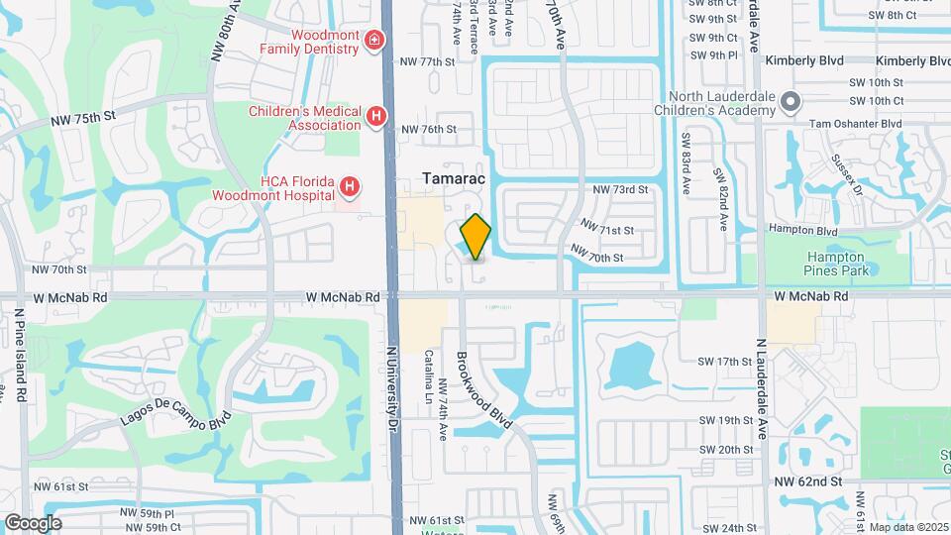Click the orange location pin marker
point(475,237)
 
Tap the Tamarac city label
point(451,175)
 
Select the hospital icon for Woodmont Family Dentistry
point(375,40)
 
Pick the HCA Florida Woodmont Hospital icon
point(349,186)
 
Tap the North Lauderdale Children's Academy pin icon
point(790,102)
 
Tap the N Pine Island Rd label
point(19,357)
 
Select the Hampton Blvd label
point(804,228)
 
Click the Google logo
point(33,523)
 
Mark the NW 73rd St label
point(620,188)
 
